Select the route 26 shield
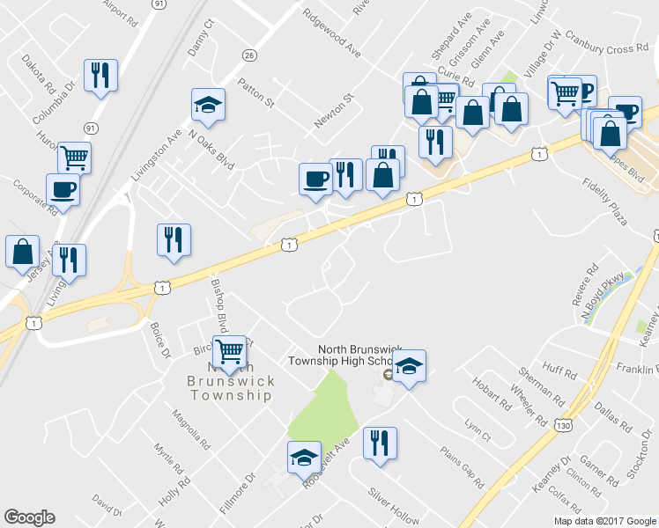(250, 55)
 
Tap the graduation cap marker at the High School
(409, 366)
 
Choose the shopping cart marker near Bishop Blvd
(229, 351)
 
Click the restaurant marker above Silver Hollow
(380, 444)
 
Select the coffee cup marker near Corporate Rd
(63, 190)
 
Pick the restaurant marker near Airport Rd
(100, 76)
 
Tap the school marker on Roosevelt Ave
(304, 458)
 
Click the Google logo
(29, 517)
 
